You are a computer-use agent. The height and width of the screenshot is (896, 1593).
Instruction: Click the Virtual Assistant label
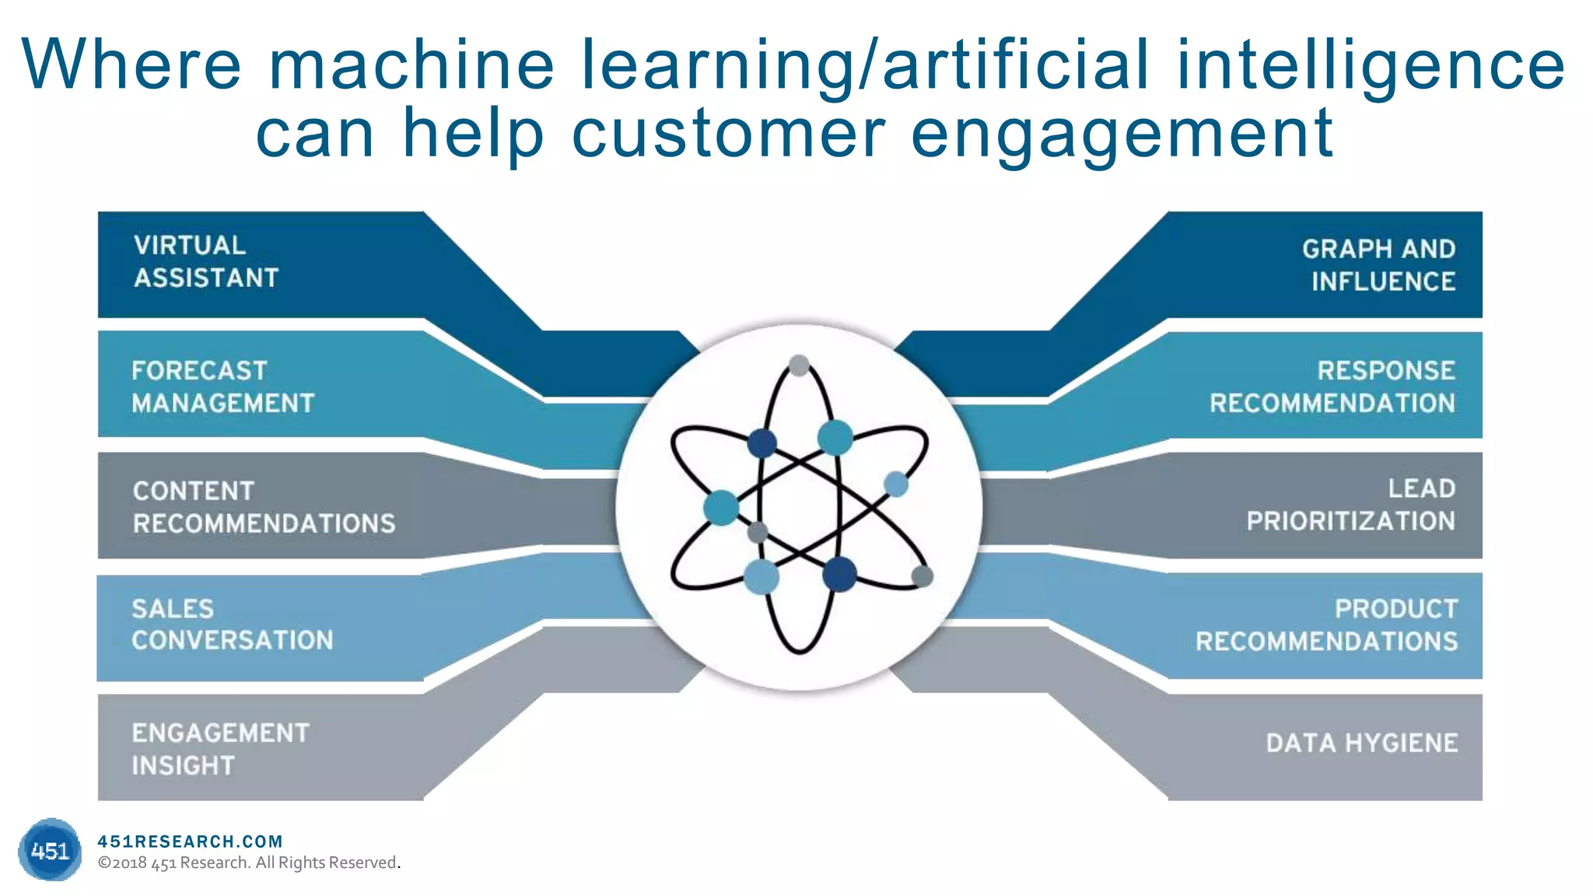point(206,261)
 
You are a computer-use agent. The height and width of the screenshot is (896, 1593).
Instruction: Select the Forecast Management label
point(222,387)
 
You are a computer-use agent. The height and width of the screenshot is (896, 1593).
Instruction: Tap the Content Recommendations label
point(264,507)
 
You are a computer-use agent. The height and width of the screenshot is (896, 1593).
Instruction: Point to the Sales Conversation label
point(232,624)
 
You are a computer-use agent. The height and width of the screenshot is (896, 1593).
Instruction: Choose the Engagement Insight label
point(220,748)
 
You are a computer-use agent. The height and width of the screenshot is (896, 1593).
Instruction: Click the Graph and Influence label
point(1379,264)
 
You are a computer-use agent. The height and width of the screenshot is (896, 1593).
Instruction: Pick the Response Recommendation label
point(1332,387)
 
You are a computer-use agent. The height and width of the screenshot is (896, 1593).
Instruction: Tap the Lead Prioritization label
point(1351,505)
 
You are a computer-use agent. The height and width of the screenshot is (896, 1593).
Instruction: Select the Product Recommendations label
point(1327,625)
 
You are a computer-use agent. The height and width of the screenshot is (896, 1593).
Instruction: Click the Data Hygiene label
point(1362,743)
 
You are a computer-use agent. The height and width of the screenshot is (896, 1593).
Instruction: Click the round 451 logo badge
point(50,850)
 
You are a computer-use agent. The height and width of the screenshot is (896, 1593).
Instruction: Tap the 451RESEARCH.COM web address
point(190,841)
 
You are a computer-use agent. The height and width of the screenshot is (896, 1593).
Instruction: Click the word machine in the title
point(411,65)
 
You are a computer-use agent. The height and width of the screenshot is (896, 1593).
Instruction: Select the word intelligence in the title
point(1371,65)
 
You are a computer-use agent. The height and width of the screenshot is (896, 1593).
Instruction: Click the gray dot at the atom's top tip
point(799,365)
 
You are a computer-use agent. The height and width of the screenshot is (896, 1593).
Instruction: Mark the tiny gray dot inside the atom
point(757,533)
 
